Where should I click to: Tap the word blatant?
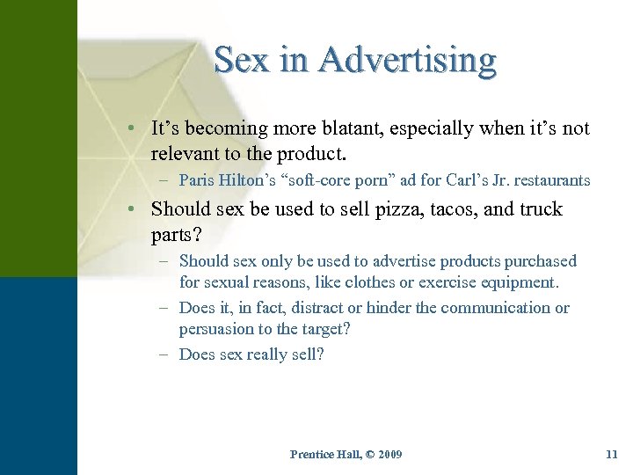tap(373, 128)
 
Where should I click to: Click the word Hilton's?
tap(247, 180)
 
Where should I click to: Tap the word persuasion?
tap(216, 330)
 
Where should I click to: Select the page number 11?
tap(612, 454)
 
